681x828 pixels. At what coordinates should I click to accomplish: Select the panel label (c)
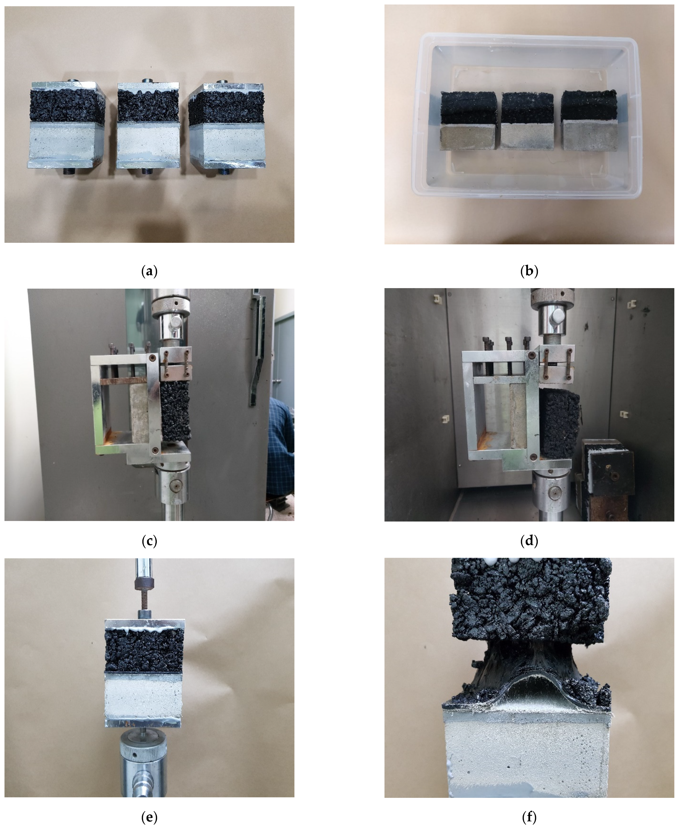click(149, 541)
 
